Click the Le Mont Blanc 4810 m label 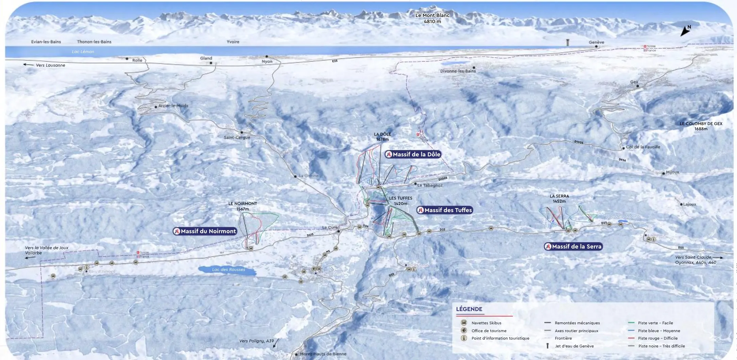[x=432, y=18]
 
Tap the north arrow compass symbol [x=685, y=31]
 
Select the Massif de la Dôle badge [x=413, y=154]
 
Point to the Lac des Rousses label [x=229, y=270]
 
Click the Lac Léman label [x=83, y=52]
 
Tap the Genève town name [x=597, y=42]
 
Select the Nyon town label [x=267, y=62]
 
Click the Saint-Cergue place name [x=237, y=137]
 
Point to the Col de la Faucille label [x=643, y=147]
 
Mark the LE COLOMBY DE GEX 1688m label [x=701, y=126]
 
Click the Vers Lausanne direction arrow [x=29, y=65]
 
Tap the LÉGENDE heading [x=469, y=309]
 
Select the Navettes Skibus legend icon [x=464, y=323]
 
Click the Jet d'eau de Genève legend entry [x=574, y=346]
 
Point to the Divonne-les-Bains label [x=458, y=71]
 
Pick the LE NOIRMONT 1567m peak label [x=242, y=206]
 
